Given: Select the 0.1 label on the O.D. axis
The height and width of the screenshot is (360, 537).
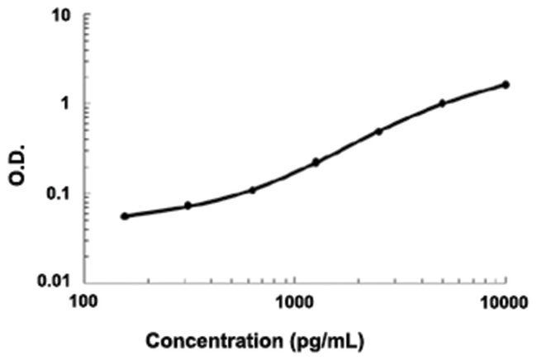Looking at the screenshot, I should pos(57,195).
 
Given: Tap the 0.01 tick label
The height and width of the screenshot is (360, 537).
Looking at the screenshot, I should pos(54,282).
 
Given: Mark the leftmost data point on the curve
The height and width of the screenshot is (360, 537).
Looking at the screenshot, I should pos(125,216).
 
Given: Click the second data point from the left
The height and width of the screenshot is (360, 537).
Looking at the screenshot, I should pos(188,206).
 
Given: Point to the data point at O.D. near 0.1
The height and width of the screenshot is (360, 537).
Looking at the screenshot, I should pos(253,190).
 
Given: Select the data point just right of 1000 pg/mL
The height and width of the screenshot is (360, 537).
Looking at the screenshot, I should pos(316,162).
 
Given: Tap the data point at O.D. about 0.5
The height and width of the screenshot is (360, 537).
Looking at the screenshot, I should pos(379,131).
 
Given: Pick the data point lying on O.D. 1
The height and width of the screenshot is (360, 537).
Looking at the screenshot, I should pos(442,103).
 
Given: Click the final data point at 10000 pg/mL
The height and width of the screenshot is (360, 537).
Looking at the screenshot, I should pos(506,84).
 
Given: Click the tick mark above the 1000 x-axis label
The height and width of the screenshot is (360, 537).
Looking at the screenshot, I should pos(295,279).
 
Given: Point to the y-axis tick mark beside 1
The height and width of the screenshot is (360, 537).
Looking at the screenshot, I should pos(88,104).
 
